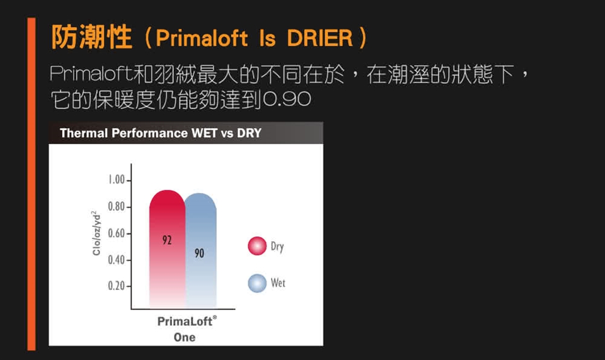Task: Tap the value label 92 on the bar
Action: [x=167, y=240]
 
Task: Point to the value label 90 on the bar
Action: [x=199, y=253]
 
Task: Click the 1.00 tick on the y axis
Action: [x=116, y=180]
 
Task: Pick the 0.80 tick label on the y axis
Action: [x=116, y=206]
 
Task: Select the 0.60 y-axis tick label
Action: [x=116, y=233]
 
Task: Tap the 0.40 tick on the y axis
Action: [x=116, y=260]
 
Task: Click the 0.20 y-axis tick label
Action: [x=116, y=286]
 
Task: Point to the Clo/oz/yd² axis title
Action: [x=96, y=233]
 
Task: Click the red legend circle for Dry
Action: [x=257, y=246]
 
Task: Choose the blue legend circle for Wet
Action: [x=257, y=283]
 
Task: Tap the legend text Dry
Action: [x=277, y=247]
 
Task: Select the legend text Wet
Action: [x=278, y=283]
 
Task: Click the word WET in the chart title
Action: [x=204, y=133]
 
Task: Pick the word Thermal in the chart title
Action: [x=84, y=133]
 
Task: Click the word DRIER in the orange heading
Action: [x=320, y=38]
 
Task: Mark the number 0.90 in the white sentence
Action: [x=287, y=100]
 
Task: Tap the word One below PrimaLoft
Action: [x=185, y=337]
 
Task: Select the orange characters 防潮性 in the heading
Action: [x=91, y=37]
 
